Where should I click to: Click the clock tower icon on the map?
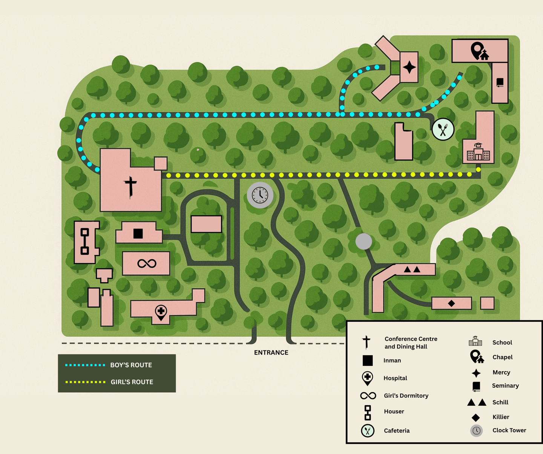[x=260, y=195]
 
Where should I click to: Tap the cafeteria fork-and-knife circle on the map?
[x=443, y=130]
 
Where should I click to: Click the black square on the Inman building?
[x=138, y=234]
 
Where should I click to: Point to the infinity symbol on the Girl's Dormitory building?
[x=147, y=263]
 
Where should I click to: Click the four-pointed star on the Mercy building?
[x=409, y=67]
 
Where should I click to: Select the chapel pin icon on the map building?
[x=479, y=51]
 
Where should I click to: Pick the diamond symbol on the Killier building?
[x=451, y=303]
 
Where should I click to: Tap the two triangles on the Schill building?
[x=412, y=269]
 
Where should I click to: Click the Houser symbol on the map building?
[x=85, y=242]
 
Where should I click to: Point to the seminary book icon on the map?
[x=500, y=83]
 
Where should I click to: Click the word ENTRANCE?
[x=271, y=353]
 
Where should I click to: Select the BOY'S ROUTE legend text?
[x=131, y=365]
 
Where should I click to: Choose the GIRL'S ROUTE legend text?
[x=132, y=382]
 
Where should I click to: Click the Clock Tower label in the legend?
[x=509, y=430]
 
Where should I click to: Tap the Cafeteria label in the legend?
[x=396, y=431]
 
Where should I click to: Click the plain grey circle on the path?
[x=364, y=242]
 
